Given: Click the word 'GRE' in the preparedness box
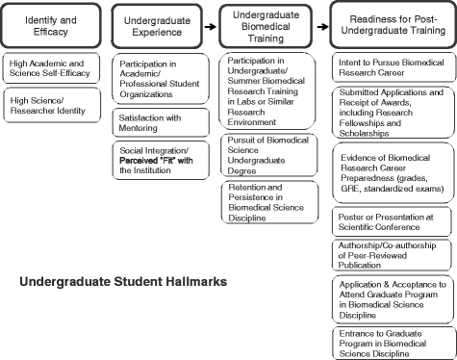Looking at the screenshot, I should [x=350, y=190].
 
